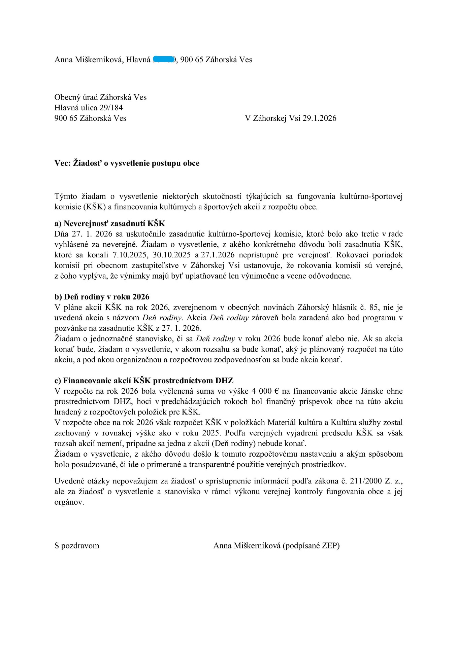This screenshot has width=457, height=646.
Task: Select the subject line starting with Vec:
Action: point(127,163)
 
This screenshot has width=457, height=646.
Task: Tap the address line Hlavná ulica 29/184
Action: point(89,108)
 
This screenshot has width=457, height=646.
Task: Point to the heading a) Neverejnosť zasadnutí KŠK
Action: point(110,223)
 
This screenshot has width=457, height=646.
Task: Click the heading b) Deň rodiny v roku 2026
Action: point(102,297)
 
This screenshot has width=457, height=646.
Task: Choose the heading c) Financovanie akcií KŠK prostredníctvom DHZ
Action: point(144,381)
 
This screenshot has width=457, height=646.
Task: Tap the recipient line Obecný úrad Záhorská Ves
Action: point(100,97)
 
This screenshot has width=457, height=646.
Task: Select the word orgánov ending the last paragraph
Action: point(69,502)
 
